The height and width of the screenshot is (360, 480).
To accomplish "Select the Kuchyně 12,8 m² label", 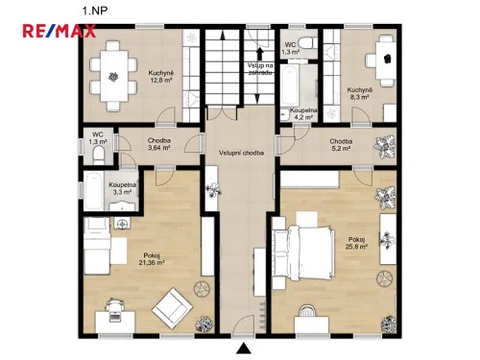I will [x=160, y=77].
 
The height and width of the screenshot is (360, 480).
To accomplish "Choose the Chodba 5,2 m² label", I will [x=342, y=145].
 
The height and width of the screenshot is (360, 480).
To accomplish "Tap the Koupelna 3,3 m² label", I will [x=120, y=188].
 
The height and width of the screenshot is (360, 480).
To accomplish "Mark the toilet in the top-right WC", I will [x=304, y=40].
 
